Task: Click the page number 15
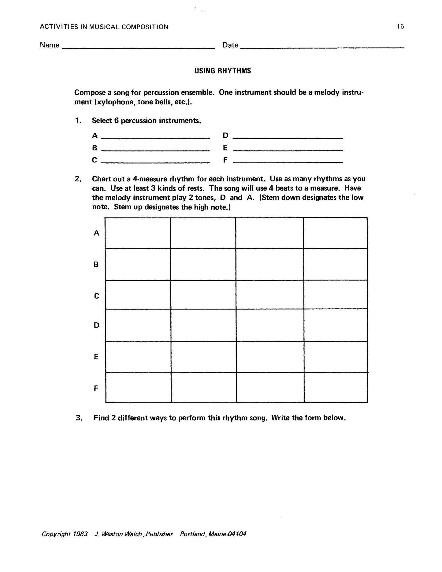[x=400, y=27]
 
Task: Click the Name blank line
[x=139, y=47]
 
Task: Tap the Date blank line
[x=322, y=47]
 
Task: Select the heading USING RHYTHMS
[x=223, y=71]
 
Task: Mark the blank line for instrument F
[x=288, y=162]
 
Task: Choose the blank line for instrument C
[x=155, y=162]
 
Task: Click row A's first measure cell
[x=138, y=233]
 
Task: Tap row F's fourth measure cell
[x=336, y=388]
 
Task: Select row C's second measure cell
[x=203, y=295]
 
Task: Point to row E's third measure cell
[x=270, y=357]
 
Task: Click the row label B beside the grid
[x=96, y=265]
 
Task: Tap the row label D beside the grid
[x=96, y=325]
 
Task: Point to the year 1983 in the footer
[x=80, y=534]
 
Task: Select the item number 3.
[x=79, y=418]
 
